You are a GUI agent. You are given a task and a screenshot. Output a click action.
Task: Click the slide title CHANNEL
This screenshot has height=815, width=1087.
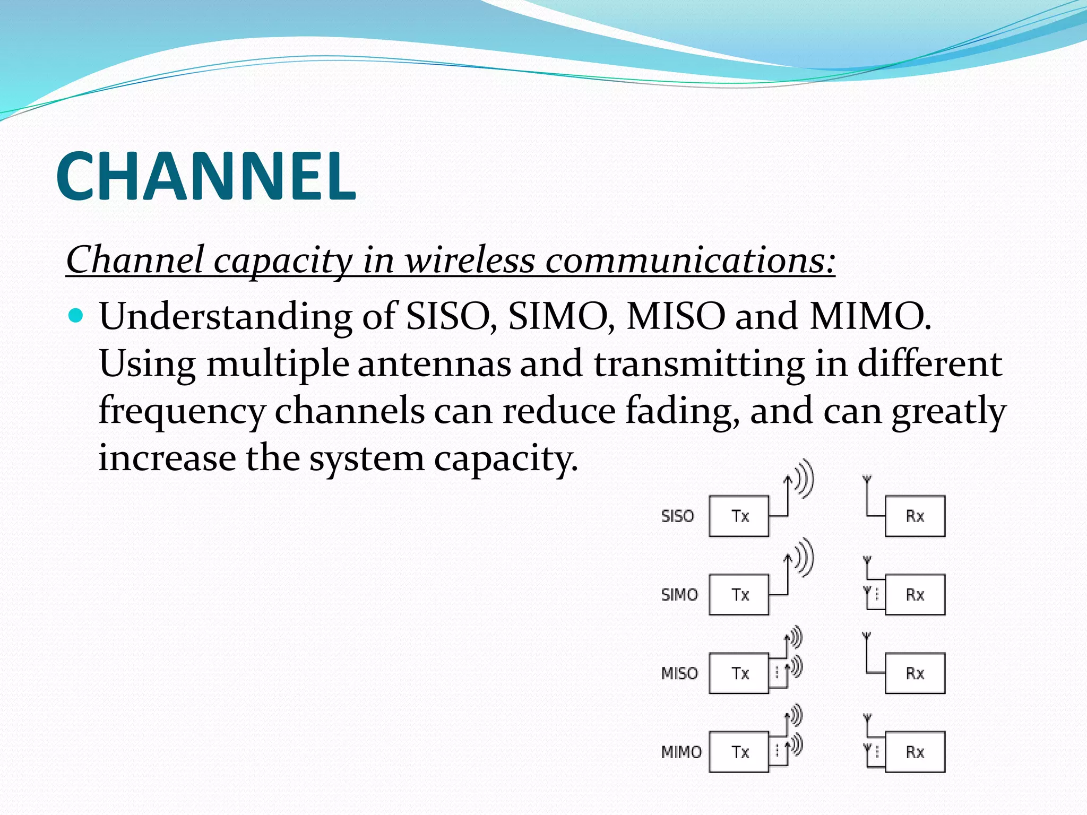205,176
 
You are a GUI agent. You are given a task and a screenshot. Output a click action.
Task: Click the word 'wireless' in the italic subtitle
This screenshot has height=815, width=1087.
470,260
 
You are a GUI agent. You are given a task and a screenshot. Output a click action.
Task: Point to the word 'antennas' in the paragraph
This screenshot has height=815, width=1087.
434,364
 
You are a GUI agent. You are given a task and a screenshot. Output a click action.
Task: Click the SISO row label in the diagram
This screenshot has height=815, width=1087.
678,516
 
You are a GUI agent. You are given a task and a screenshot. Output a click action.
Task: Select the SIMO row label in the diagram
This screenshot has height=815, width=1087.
679,595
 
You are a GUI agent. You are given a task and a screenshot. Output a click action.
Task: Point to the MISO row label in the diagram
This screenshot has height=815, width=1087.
679,673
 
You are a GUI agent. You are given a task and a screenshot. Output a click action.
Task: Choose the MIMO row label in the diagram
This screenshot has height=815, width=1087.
681,752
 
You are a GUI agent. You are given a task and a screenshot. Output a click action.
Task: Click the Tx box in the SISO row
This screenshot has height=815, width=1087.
739,516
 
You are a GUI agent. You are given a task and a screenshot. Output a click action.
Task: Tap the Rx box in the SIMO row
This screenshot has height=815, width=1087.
915,595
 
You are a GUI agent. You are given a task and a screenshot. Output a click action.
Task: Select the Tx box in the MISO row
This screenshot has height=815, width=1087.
739,673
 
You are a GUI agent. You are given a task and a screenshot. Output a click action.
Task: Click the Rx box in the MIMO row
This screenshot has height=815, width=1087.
915,752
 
